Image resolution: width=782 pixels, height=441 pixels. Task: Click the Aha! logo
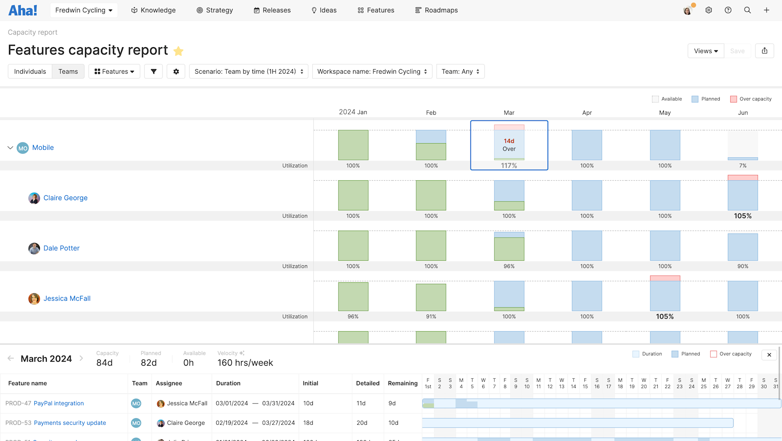pyautogui.click(x=23, y=10)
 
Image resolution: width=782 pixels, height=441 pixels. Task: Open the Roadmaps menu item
pyautogui.click(x=436, y=10)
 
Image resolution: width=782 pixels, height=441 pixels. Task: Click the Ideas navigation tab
pyautogui.click(x=324, y=10)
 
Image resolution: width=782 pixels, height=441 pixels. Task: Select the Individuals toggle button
pyautogui.click(x=30, y=72)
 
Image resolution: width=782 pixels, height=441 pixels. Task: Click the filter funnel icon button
pyautogui.click(x=154, y=72)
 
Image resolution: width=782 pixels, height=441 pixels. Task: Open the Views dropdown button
pyautogui.click(x=705, y=51)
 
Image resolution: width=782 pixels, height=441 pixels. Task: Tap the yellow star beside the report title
pyautogui.click(x=178, y=51)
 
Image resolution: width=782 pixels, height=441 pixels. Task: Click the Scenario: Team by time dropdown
pyautogui.click(x=248, y=72)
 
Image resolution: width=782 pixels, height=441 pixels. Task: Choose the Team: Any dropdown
pyautogui.click(x=460, y=72)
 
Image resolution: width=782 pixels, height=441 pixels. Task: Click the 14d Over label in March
pyautogui.click(x=509, y=145)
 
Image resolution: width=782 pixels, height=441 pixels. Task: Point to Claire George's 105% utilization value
pyautogui.click(x=742, y=216)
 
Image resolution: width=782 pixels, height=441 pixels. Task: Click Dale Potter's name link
pyautogui.click(x=62, y=248)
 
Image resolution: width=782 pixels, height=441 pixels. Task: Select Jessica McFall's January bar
pyautogui.click(x=353, y=297)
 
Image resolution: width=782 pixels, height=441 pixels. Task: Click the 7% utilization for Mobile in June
pyautogui.click(x=742, y=166)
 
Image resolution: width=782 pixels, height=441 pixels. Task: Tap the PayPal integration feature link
pyautogui.click(x=59, y=403)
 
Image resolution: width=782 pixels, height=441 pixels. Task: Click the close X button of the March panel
pyautogui.click(x=769, y=355)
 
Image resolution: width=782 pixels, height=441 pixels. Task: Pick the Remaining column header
pyautogui.click(x=402, y=383)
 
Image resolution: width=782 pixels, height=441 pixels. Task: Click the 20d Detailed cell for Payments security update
pyautogui.click(x=362, y=423)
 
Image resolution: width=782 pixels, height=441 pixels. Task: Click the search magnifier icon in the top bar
pyautogui.click(x=747, y=10)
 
